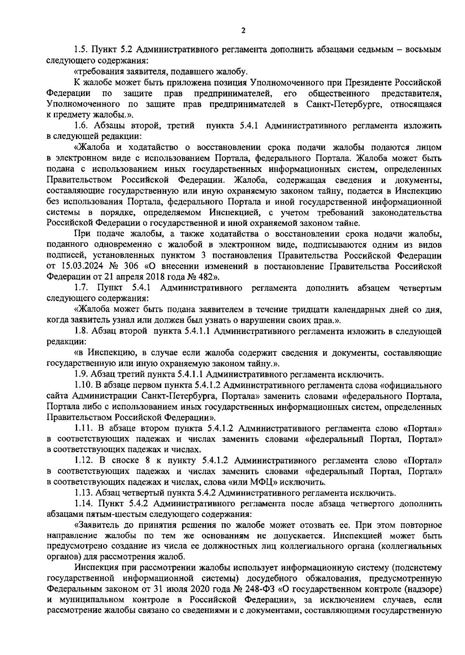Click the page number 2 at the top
click(243, 31)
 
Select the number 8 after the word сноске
click(146, 461)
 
